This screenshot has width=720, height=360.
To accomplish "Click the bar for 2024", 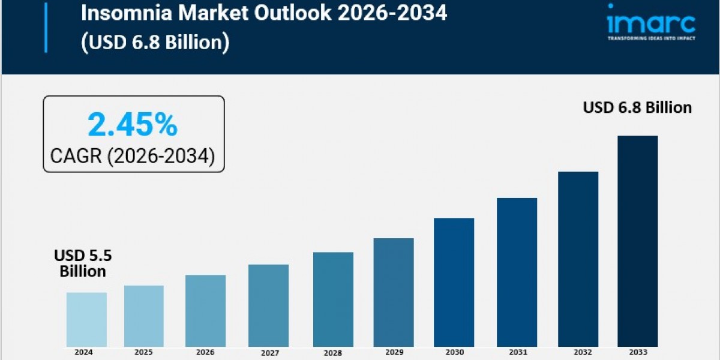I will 86,319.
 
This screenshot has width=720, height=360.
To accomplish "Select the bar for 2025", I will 144,316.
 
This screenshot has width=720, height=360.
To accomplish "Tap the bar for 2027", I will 268,305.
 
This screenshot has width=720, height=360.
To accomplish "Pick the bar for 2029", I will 393,292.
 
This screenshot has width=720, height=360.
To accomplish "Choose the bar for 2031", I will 517,272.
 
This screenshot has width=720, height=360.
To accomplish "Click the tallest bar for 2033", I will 637,241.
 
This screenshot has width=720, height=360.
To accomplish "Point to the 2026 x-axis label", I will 205,352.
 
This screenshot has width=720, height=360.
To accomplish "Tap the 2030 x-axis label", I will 454,352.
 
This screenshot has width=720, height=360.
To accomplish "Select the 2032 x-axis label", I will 578,352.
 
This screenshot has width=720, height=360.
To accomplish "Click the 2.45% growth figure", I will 133,125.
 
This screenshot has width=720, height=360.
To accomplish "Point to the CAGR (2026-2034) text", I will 133,156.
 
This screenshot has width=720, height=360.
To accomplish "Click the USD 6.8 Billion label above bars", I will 637,107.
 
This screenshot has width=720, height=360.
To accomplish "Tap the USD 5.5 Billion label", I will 83,263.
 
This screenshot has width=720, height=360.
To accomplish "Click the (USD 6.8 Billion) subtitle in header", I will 155,43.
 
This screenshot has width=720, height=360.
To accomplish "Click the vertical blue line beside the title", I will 46,27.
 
